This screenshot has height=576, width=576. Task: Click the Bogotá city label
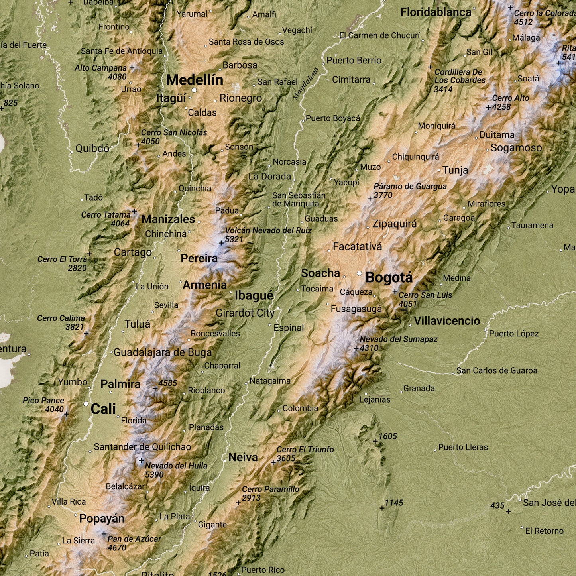pos(389,278)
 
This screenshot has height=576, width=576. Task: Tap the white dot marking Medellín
pos(194,90)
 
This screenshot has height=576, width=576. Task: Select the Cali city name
pos(103,409)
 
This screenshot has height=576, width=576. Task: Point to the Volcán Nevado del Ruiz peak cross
pos(221,243)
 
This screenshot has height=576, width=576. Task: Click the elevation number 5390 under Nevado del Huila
pos(154,474)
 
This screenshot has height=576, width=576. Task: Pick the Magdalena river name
pos(306,84)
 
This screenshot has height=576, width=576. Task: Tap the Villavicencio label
pos(446,321)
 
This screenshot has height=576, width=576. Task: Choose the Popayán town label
pos(102,519)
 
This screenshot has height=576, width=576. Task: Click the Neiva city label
pos(243,457)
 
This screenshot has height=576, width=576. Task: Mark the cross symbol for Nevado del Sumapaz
pos(356,348)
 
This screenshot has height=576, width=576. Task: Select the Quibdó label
pos(92,149)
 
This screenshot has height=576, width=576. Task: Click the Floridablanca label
pos(436,12)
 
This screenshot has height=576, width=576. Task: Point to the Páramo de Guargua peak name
pos(410,187)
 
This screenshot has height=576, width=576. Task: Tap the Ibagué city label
pos(254,295)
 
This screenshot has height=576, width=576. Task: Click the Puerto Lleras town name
pos(463,447)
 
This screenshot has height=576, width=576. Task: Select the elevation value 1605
pos(387,436)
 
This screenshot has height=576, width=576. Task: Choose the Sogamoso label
pos(516,148)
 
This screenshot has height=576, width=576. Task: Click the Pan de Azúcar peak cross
pos(104,534)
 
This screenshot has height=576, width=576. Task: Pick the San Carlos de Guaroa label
pos(497,371)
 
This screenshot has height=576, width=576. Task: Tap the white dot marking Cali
pos(86,404)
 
